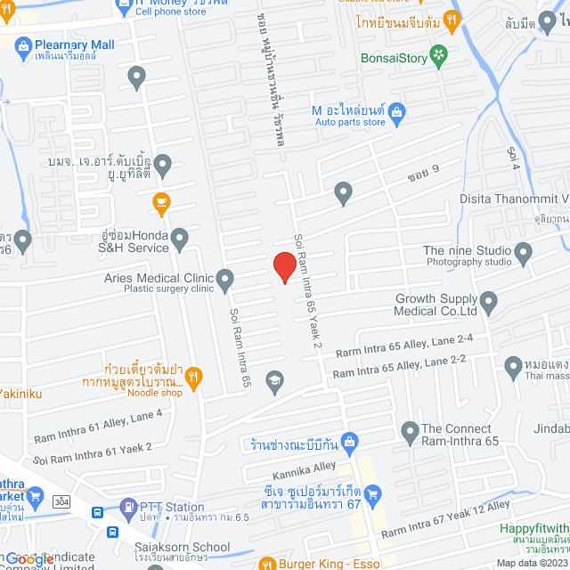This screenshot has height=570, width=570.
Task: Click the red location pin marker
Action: tap(284, 266)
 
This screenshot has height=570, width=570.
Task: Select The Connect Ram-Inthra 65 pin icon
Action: tap(410, 433)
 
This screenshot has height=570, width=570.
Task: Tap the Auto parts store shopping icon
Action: tap(397, 111)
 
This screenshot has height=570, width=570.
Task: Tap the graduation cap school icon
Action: tap(275, 380)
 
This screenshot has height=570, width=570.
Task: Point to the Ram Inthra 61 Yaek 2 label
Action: tap(94, 453)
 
